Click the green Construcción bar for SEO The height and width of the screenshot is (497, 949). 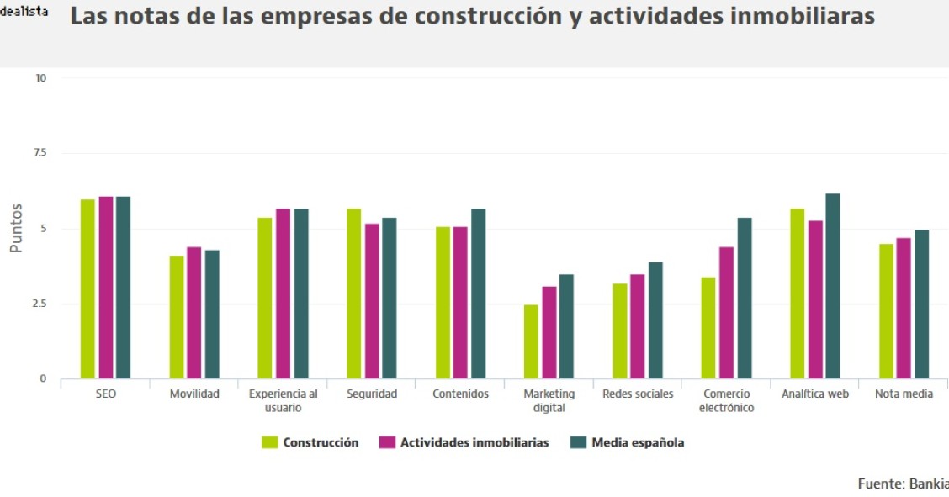(x=87, y=288)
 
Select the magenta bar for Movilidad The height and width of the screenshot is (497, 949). (x=194, y=312)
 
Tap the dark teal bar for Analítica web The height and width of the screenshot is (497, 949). (x=833, y=286)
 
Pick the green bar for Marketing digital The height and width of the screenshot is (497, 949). (x=531, y=341)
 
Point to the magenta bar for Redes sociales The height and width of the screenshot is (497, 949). (x=638, y=326)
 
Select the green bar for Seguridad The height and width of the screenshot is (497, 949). (x=354, y=293)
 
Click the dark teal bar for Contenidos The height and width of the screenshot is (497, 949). (x=478, y=293)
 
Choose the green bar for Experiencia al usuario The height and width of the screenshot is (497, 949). (x=265, y=298)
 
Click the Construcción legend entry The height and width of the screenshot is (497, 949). (x=310, y=443)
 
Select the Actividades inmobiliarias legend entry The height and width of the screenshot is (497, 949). (x=464, y=443)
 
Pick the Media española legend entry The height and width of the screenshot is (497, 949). (x=628, y=443)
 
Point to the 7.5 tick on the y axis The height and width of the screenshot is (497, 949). (x=40, y=153)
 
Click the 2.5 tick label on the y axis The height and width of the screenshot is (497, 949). (x=40, y=304)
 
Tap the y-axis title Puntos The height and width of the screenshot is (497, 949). (x=16, y=228)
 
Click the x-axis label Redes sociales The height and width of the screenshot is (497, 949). (x=638, y=394)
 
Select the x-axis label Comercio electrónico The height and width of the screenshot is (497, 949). (x=727, y=401)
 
